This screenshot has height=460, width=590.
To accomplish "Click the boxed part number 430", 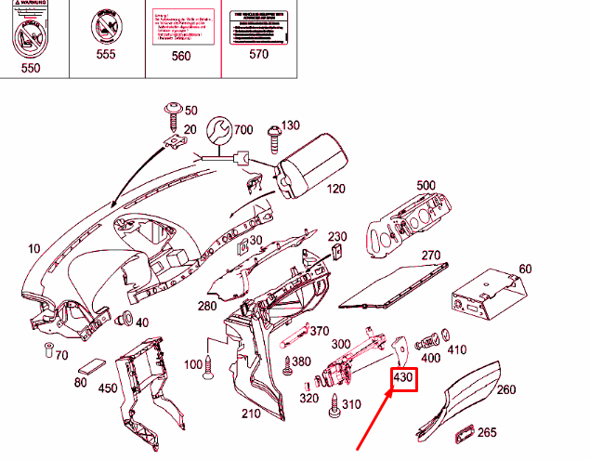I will click(x=404, y=380).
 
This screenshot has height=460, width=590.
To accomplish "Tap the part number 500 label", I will click(x=426, y=186).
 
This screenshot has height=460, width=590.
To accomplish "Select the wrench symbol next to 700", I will click(x=219, y=133).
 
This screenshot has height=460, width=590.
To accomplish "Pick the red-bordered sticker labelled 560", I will click(x=181, y=22).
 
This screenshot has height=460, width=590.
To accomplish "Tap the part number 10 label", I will click(x=34, y=247).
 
